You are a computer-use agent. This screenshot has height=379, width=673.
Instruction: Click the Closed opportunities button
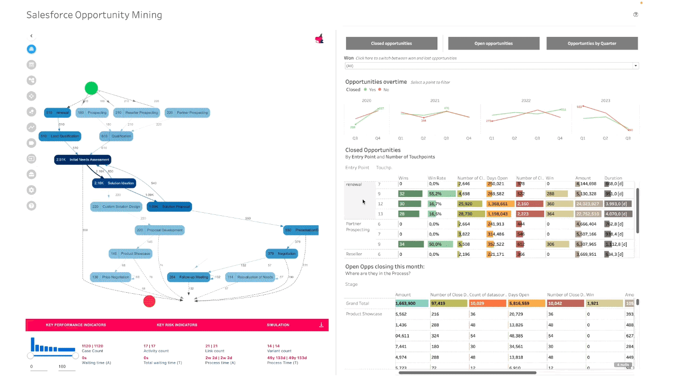pyautogui.click(x=391, y=43)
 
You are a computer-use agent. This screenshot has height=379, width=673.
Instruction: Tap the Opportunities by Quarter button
pyautogui.click(x=592, y=43)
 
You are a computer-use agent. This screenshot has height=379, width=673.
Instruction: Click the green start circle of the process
pyautogui.click(x=91, y=88)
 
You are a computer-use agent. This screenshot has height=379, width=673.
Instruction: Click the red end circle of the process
pyautogui.click(x=149, y=301)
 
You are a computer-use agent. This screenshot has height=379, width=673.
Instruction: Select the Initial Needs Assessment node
pyautogui.click(x=83, y=159)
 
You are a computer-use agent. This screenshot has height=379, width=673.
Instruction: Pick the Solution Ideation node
pyautogui.click(x=114, y=183)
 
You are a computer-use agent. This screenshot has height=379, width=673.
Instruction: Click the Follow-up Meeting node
pyautogui.click(x=188, y=277)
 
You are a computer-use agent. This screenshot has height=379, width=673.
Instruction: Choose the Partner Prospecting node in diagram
pyautogui.click(x=187, y=112)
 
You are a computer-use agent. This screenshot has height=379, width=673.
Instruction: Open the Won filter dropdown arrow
pyautogui.click(x=635, y=66)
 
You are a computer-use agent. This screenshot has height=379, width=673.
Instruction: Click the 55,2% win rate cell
pyautogui.click(x=441, y=194)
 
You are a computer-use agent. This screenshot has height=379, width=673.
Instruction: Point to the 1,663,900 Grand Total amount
pyautogui.click(x=405, y=303)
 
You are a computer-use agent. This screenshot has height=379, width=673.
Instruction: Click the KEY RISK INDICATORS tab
pyautogui.click(x=177, y=325)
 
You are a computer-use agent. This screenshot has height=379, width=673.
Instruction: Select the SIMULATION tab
pyautogui.click(x=278, y=325)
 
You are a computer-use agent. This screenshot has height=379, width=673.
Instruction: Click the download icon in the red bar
pyautogui.click(x=321, y=325)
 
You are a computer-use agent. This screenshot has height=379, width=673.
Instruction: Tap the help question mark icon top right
pyautogui.click(x=636, y=15)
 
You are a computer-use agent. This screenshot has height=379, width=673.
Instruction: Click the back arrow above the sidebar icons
pyautogui.click(x=32, y=36)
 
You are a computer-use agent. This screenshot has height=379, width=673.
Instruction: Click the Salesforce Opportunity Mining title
pyautogui.click(x=94, y=15)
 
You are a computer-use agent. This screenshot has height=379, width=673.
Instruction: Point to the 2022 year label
pyautogui.click(x=526, y=100)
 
